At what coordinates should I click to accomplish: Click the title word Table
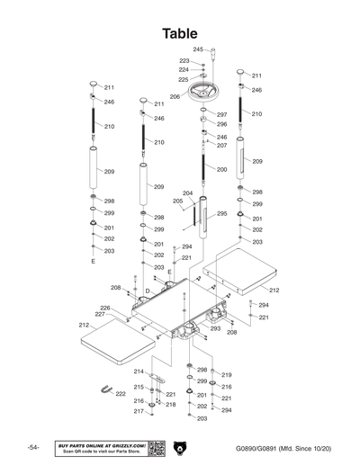click(x=180, y=33)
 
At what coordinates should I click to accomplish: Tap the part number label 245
click(x=198, y=49)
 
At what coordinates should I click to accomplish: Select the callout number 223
click(x=184, y=60)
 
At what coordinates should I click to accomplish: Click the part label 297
click(x=221, y=115)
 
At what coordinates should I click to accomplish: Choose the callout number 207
click(x=221, y=146)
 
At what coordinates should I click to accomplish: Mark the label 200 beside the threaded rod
click(x=221, y=169)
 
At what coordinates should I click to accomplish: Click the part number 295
click(x=222, y=214)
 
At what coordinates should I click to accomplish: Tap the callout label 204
click(x=187, y=193)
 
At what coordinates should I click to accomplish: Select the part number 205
click(x=177, y=201)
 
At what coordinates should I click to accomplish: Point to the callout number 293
click(x=216, y=328)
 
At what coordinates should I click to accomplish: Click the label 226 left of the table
click(x=105, y=308)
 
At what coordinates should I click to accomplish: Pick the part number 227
click(x=105, y=315)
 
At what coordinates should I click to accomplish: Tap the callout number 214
click(x=139, y=371)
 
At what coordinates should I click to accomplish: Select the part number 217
click(x=139, y=412)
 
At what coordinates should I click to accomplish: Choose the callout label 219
click(x=227, y=375)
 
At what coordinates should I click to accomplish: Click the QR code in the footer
click(x=155, y=448)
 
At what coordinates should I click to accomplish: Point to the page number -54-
click(x=33, y=448)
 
